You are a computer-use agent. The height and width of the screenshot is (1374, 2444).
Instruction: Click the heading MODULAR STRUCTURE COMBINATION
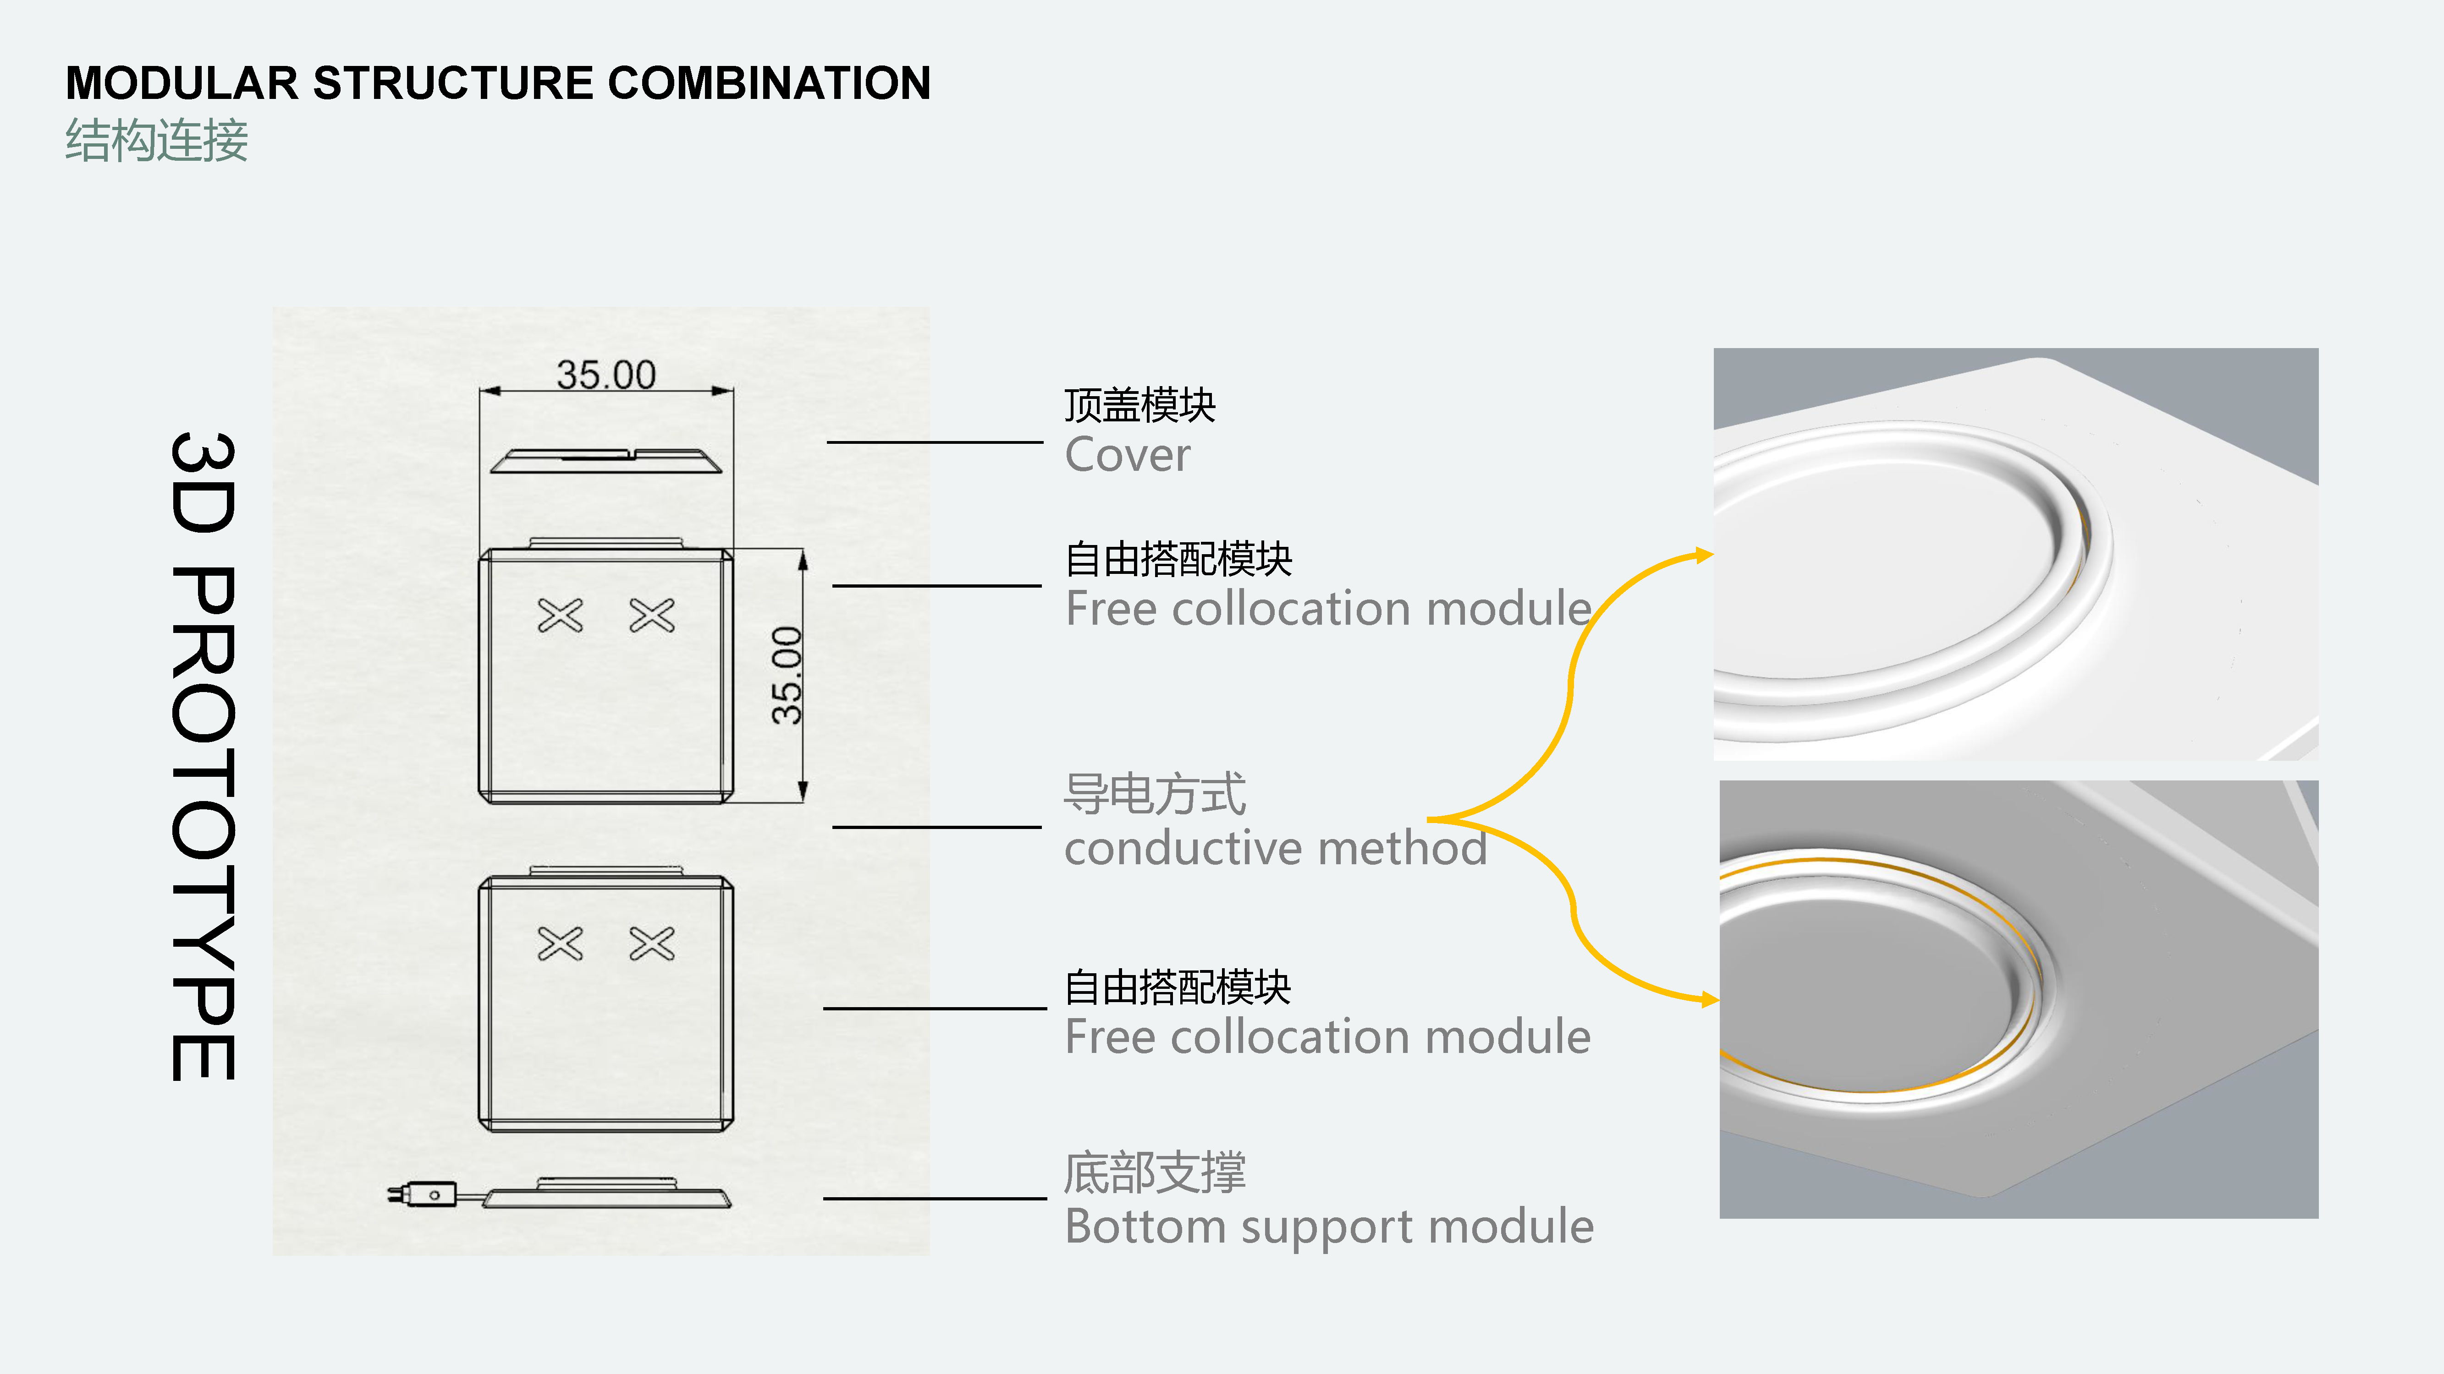coord(498,83)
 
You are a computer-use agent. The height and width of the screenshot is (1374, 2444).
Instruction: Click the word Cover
coord(1127,455)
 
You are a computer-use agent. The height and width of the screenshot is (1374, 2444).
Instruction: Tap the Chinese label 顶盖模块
coord(1139,406)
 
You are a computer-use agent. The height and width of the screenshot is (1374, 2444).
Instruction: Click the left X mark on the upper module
coord(560,616)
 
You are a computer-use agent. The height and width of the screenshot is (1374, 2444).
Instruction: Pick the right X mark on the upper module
coord(652,616)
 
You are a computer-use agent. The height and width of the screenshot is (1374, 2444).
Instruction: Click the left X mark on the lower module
coord(560,943)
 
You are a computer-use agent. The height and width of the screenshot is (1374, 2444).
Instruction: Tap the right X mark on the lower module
coord(652,943)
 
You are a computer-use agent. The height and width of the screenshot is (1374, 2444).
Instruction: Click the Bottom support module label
coord(1328,1226)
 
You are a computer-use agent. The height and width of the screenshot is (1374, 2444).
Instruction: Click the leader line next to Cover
coord(935,442)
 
